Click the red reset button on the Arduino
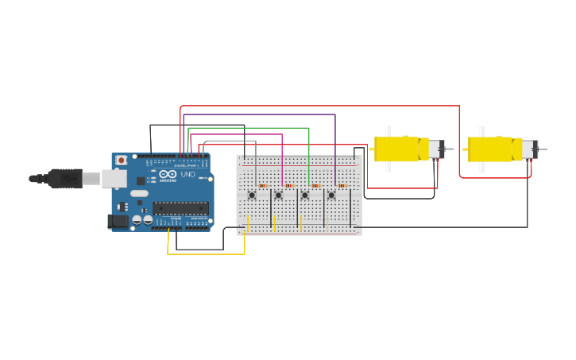point(121,160)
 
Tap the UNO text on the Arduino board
point(188,175)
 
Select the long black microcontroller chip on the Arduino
point(180,208)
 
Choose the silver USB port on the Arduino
point(114,178)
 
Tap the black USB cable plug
point(65,178)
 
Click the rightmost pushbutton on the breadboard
point(331,195)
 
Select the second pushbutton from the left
point(278,195)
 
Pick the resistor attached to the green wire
point(315,186)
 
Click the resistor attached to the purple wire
point(342,186)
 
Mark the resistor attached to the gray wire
point(263,186)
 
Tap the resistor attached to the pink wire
point(289,186)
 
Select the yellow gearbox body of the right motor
point(491,149)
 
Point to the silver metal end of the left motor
point(436,149)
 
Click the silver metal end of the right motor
point(529,149)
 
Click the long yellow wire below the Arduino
point(207,254)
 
